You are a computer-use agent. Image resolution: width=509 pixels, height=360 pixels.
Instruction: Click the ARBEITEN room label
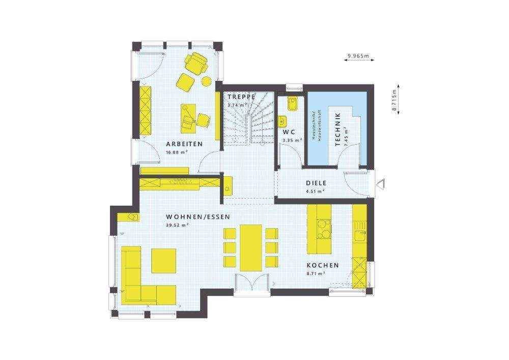[x=184, y=144]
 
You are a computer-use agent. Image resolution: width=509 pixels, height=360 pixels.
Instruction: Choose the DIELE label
[x=316, y=183]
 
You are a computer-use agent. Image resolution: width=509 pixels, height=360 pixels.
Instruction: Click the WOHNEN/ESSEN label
[x=198, y=216]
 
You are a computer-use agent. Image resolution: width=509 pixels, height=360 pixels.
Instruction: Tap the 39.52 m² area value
[x=178, y=225]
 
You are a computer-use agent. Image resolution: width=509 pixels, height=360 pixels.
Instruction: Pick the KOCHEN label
[x=323, y=265]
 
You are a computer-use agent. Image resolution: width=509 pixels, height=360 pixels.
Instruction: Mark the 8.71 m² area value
[x=316, y=273]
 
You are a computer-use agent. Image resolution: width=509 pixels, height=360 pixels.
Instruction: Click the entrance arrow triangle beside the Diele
[x=380, y=184]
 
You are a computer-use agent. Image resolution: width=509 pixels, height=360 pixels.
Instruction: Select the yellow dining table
[x=251, y=247]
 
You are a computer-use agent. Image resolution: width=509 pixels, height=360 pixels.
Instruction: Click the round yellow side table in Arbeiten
[x=207, y=80]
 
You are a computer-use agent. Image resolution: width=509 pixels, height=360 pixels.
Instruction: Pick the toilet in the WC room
[x=293, y=104]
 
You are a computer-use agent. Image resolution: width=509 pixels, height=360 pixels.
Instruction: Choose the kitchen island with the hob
[x=320, y=229]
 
